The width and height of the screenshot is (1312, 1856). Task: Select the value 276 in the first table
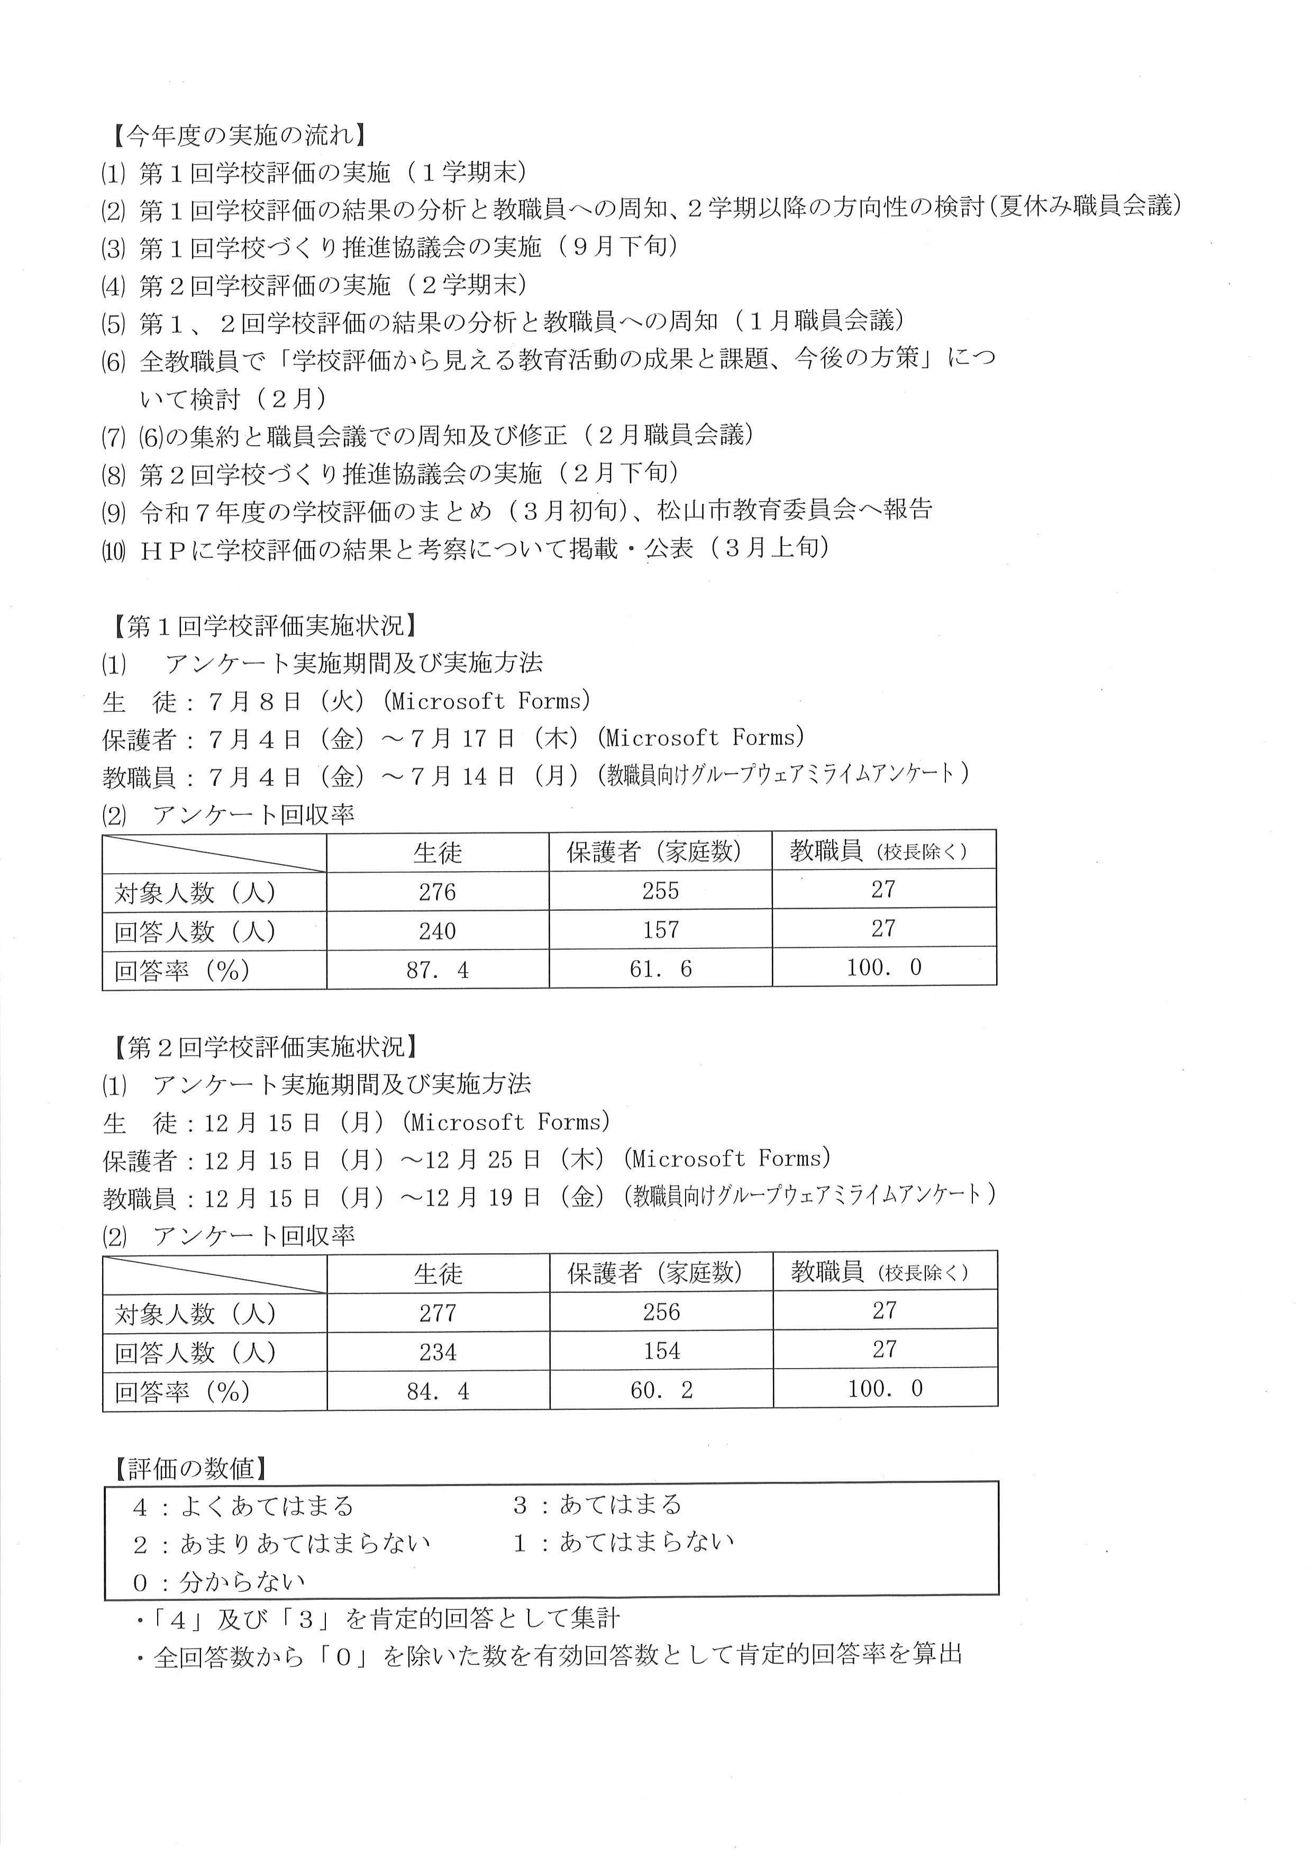tap(437, 892)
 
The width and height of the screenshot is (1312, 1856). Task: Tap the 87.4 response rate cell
tap(437, 970)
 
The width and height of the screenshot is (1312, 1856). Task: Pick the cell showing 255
tap(660, 891)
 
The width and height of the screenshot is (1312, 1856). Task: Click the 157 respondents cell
tap(660, 930)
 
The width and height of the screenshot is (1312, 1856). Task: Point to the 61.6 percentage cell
tap(660, 969)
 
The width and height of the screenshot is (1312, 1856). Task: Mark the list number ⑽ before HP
tap(113, 550)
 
